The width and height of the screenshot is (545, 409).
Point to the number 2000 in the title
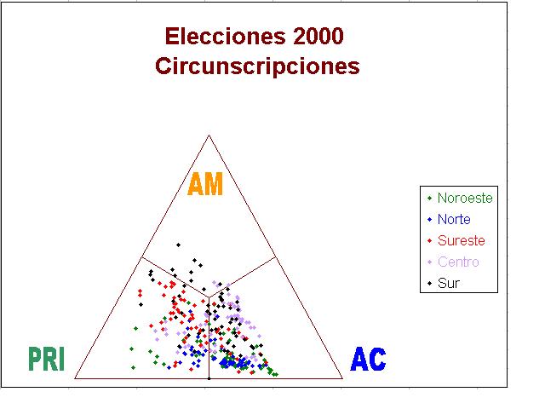pyautogui.click(x=318, y=36)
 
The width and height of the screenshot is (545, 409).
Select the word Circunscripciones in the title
pyautogui.click(x=257, y=66)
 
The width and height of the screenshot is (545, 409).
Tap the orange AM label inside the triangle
pyautogui.click(x=205, y=184)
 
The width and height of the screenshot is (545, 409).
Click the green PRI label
pyautogui.click(x=46, y=359)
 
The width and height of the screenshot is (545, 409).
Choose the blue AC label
pyautogui.click(x=368, y=359)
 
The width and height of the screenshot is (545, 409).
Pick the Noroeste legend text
pyautogui.click(x=465, y=198)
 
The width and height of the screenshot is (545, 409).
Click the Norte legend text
pyautogui.click(x=454, y=219)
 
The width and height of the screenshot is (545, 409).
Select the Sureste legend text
pyautogui.click(x=462, y=240)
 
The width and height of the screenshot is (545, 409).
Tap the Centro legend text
pyautogui.click(x=458, y=262)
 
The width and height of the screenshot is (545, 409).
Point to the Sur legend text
pyautogui.click(x=449, y=283)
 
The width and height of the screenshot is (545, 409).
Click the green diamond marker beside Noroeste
pyautogui.click(x=429, y=198)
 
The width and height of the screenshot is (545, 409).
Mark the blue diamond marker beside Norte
pyautogui.click(x=429, y=220)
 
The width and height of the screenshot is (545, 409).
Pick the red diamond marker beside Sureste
pyautogui.click(x=429, y=240)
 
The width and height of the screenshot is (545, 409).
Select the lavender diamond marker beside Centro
pyautogui.click(x=429, y=262)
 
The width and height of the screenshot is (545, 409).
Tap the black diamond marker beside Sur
pyautogui.click(x=429, y=284)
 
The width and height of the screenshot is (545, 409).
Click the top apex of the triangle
pyautogui.click(x=209, y=135)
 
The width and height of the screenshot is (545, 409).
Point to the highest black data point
pyautogui.click(x=178, y=245)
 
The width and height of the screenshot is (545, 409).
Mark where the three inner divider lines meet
pyautogui.click(x=209, y=297)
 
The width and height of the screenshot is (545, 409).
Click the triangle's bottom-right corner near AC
pyautogui.click(x=342, y=378)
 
